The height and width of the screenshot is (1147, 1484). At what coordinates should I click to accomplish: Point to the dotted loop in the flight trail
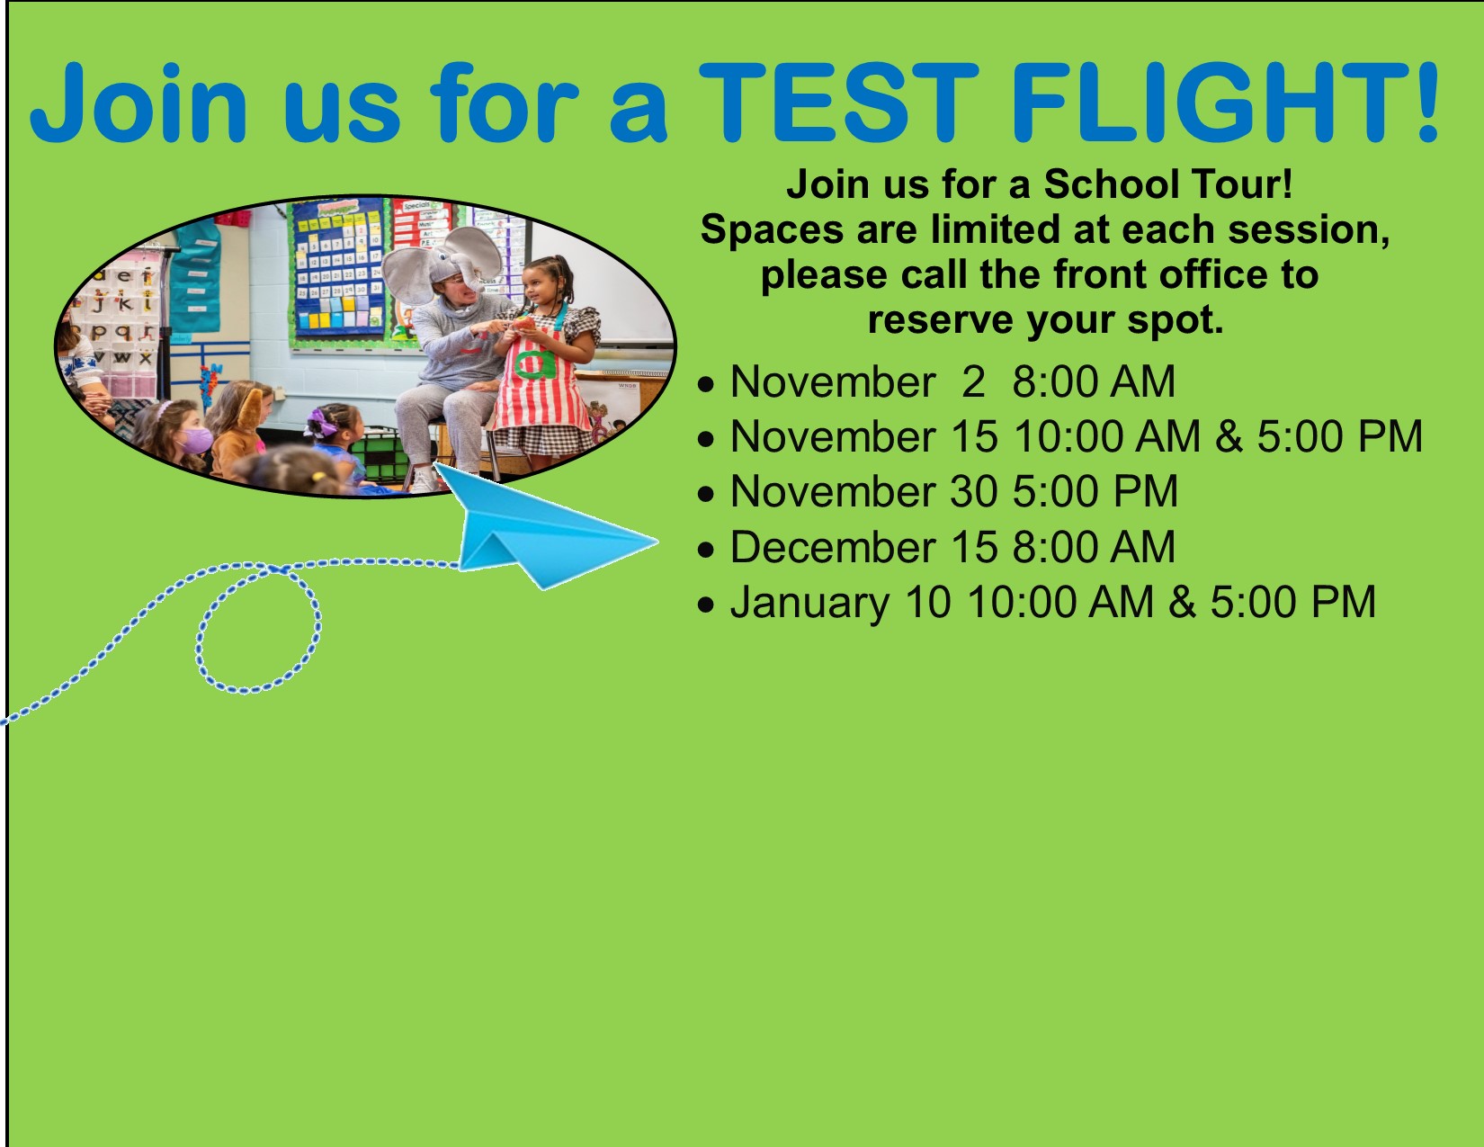click(259, 629)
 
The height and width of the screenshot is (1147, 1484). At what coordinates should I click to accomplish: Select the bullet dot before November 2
click(706, 384)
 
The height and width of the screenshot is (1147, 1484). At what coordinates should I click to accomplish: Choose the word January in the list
click(810, 603)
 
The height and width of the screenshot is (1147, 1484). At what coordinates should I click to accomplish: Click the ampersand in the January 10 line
click(1182, 603)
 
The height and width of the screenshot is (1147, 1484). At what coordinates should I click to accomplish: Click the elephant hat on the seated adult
click(443, 263)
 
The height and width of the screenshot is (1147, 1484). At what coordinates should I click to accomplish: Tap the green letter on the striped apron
click(535, 361)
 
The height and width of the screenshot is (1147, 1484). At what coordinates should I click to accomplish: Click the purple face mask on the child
click(196, 440)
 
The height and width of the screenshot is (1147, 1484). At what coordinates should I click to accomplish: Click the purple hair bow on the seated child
click(320, 421)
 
